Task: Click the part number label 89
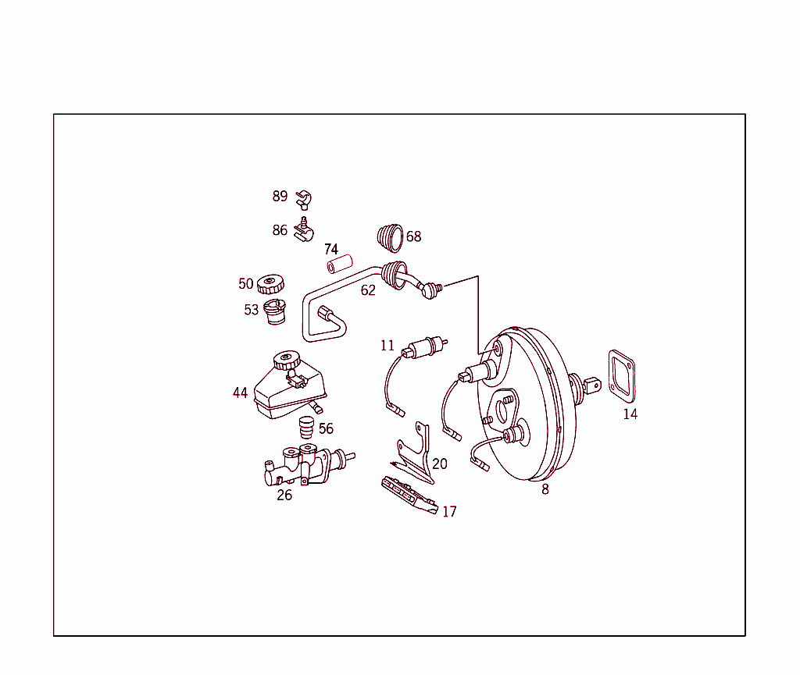(x=280, y=197)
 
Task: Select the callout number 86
(x=280, y=230)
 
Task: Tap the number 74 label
(x=331, y=249)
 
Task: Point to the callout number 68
(x=413, y=236)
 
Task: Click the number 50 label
(x=246, y=284)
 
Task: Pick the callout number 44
(x=240, y=393)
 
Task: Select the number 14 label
(x=630, y=414)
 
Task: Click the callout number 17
(x=449, y=512)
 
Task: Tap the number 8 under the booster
(x=545, y=489)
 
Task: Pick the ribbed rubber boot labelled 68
(x=390, y=236)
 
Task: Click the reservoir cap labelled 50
(x=270, y=284)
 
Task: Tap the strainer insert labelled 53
(x=275, y=311)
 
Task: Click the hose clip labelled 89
(x=304, y=198)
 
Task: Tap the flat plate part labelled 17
(x=407, y=495)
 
